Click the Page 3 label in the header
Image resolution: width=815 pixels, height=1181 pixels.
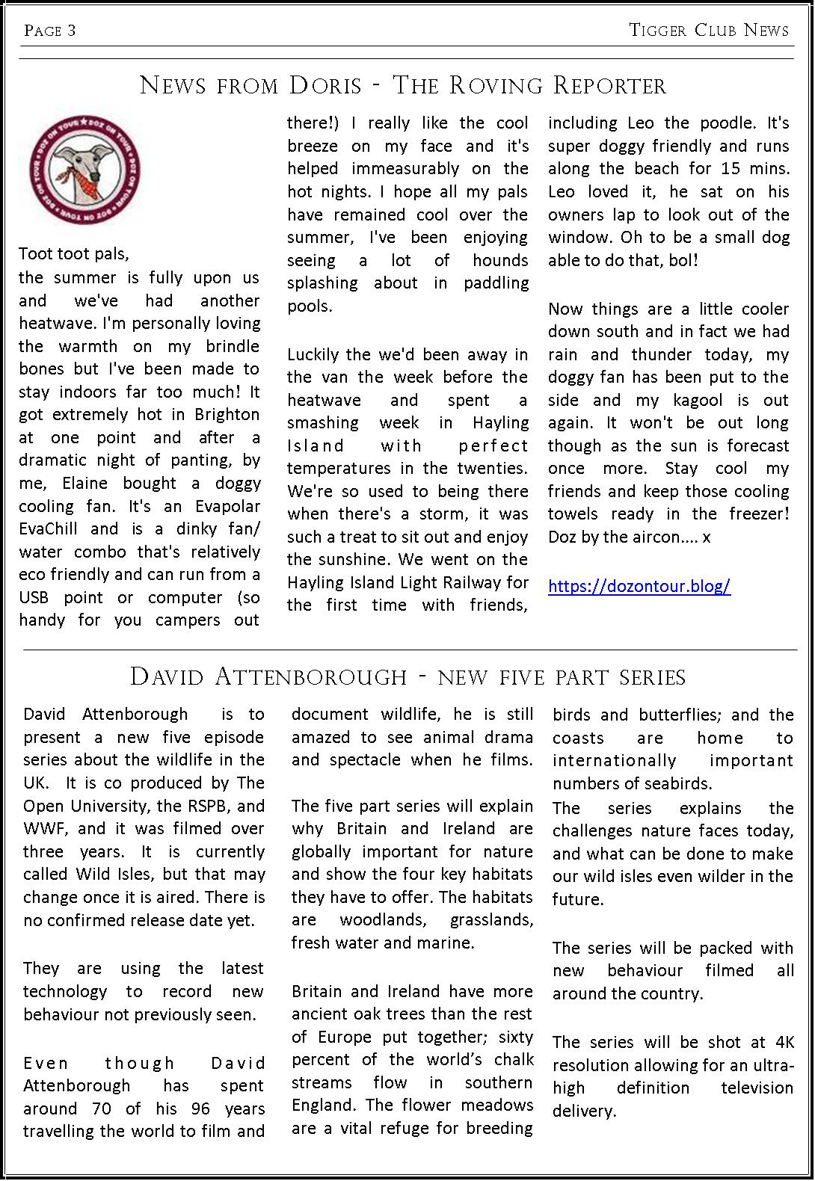50,30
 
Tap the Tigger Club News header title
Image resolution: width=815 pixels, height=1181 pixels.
709,30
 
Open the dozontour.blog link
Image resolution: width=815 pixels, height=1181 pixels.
639,585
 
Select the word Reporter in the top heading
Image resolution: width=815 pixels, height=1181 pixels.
609,86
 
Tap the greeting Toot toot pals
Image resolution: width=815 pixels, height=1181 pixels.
74,253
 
